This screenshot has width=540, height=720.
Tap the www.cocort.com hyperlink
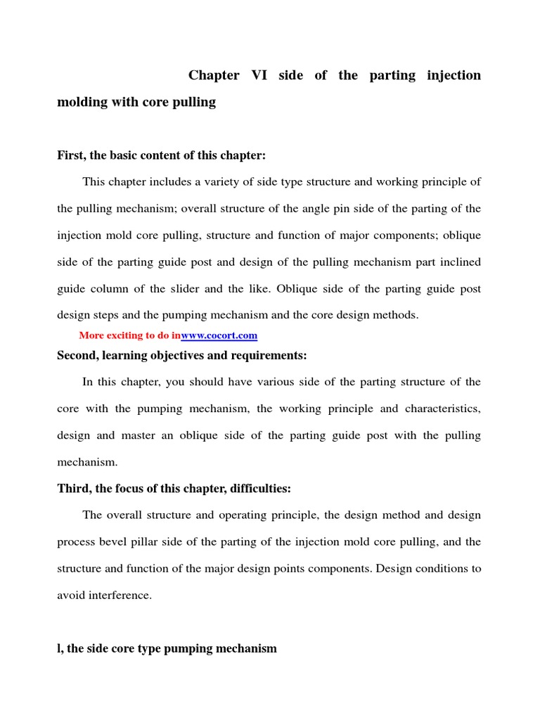[219, 335]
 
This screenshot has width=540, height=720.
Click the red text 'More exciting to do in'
[129, 335]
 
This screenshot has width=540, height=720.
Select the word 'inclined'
[458, 262]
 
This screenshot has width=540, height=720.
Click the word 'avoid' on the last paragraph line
[70, 595]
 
